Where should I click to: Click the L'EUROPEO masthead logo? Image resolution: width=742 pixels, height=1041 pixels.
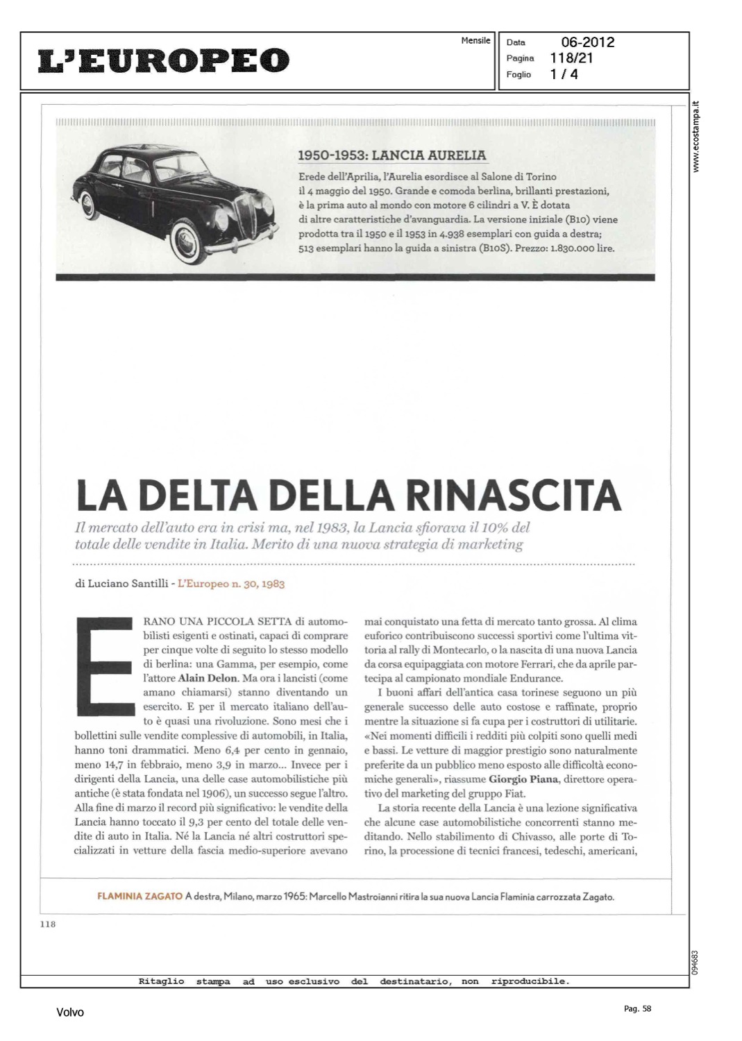163,60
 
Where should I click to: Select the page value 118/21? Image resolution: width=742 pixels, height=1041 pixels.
571,58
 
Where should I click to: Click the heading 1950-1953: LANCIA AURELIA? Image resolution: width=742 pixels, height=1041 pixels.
391,155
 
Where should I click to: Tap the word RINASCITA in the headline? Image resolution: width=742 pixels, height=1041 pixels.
513,494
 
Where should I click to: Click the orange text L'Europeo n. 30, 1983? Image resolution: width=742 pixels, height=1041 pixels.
231,584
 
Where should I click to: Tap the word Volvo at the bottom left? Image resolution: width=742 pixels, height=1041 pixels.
70,1013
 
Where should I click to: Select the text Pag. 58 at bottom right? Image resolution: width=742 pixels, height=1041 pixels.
637,1009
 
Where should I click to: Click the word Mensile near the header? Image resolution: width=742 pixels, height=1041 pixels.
475,40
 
